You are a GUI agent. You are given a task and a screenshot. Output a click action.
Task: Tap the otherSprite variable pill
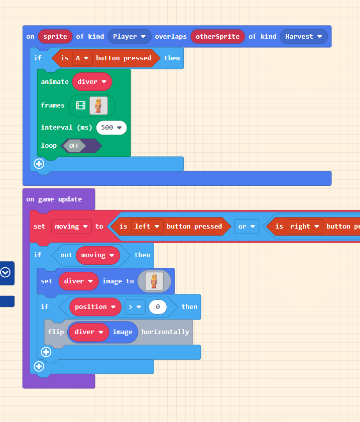[217, 37]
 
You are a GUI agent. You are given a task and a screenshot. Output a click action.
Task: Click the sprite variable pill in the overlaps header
[55, 37]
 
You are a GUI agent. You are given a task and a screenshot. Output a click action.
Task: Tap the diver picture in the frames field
[98, 105]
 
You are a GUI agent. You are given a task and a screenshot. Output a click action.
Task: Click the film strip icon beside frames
[80, 105]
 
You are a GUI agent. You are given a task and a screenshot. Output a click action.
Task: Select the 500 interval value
[111, 128]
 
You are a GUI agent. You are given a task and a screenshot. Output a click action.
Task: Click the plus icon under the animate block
[39, 164]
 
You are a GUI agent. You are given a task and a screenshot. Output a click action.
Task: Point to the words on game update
[54, 199]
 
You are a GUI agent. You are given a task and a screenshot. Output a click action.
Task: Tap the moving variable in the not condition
[97, 255]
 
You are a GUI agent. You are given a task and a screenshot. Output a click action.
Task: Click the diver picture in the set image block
[154, 281]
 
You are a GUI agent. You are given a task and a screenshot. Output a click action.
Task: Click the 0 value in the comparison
[158, 307]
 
